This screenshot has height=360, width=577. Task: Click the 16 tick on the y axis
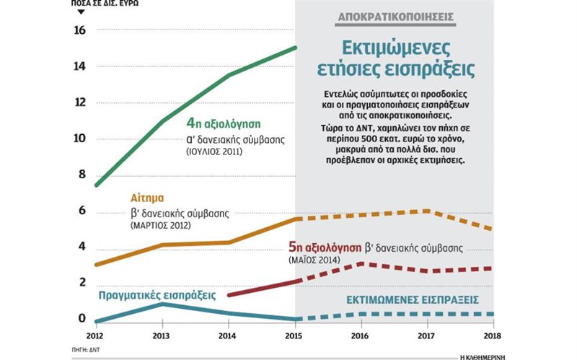point(79,30)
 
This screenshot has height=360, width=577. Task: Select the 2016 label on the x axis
point(359,336)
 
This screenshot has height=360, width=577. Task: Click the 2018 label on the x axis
point(490,336)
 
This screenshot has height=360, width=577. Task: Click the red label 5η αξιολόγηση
point(324,247)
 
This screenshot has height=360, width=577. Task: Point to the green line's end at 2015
point(295,48)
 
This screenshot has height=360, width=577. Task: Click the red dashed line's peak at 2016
point(359,263)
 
